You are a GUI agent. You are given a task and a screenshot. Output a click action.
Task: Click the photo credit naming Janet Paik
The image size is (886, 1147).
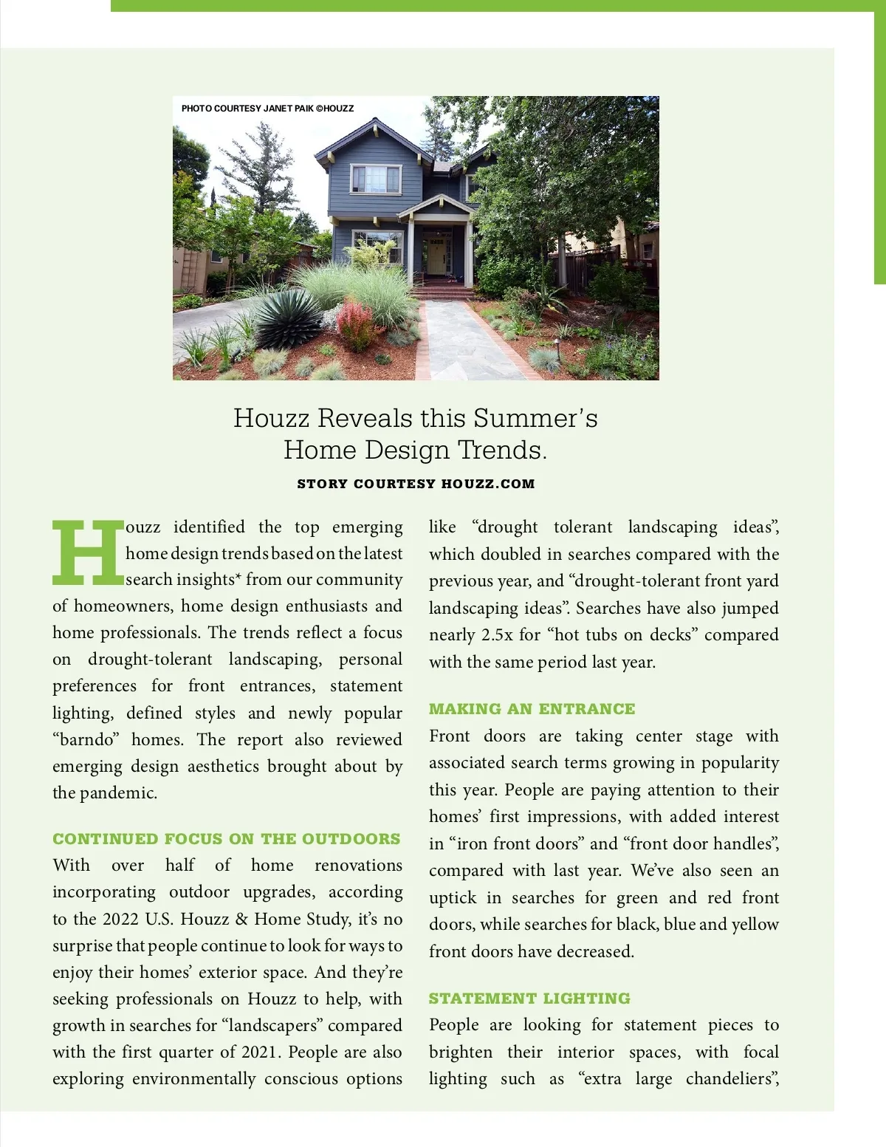pyautogui.click(x=267, y=109)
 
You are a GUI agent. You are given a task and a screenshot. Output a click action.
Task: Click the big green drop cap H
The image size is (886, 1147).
pyautogui.click(x=87, y=551)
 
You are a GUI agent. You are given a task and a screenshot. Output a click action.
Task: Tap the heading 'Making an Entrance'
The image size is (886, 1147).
pyautogui.click(x=532, y=709)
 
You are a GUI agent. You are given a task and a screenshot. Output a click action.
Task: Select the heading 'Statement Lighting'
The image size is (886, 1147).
pyautogui.click(x=529, y=999)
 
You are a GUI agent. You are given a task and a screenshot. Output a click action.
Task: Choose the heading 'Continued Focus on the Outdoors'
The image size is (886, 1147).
pyautogui.click(x=226, y=839)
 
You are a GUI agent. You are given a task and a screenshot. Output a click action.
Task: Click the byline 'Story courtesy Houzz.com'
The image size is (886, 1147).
pyautogui.click(x=416, y=485)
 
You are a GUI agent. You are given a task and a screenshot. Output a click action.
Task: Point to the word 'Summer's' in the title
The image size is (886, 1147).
pyautogui.click(x=535, y=418)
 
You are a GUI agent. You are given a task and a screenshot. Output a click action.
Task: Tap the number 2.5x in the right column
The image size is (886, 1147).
pyautogui.click(x=497, y=635)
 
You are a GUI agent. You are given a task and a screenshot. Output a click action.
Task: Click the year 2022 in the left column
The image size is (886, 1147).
pyautogui.click(x=120, y=919)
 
